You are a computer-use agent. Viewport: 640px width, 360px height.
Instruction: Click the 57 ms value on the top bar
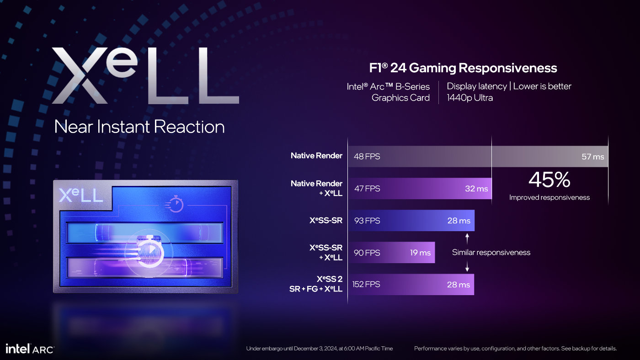pyautogui.click(x=592, y=157)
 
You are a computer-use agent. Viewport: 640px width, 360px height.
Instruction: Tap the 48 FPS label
pyautogui.click(x=367, y=157)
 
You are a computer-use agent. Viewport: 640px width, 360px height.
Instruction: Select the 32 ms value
pyautogui.click(x=476, y=189)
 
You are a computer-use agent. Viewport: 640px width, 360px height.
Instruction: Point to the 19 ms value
pyautogui.click(x=420, y=253)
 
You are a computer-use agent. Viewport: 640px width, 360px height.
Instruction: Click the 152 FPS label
pyautogui.click(x=366, y=285)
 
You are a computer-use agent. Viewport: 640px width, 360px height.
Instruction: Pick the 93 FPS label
pyautogui.click(x=367, y=221)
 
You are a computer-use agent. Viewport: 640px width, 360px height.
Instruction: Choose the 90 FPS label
pyautogui.click(x=367, y=253)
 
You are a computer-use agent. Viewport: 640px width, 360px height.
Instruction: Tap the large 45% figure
pyautogui.click(x=549, y=180)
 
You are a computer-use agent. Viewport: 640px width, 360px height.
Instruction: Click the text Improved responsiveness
pyautogui.click(x=549, y=198)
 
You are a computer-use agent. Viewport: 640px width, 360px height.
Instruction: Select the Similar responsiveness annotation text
pyautogui.click(x=491, y=252)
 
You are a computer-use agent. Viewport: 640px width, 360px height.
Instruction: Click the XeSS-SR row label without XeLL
pyautogui.click(x=325, y=221)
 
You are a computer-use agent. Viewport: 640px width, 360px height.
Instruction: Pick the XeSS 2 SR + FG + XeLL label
pyautogui.click(x=316, y=284)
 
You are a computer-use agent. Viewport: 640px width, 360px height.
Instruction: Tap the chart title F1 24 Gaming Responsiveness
pyautogui.click(x=463, y=68)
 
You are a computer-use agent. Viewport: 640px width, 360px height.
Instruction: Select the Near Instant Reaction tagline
pyautogui.click(x=139, y=127)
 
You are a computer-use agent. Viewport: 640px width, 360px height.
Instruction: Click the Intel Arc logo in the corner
pyautogui.click(x=30, y=349)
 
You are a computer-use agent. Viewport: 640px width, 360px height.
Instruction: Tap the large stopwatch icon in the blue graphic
pyautogui.click(x=149, y=252)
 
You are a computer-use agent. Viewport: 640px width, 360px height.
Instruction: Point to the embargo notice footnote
pyautogui.click(x=319, y=349)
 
